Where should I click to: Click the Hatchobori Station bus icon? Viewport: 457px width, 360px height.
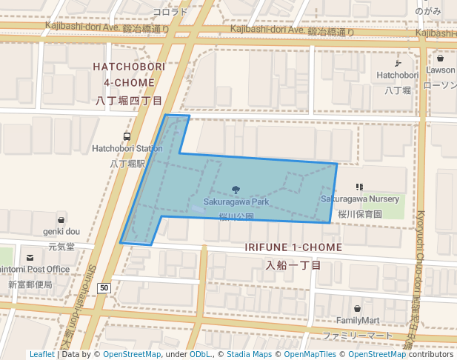[x=127, y=137]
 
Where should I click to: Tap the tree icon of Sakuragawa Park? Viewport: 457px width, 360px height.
[x=236, y=190]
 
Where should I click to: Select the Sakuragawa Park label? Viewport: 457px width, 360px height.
[x=236, y=201]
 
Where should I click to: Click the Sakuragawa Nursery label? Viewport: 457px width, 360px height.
[x=359, y=199]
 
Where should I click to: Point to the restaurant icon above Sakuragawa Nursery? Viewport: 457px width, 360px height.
[x=359, y=187]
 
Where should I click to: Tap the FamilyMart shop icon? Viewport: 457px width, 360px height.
[x=357, y=308]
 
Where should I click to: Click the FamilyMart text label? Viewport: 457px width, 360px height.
[x=357, y=320]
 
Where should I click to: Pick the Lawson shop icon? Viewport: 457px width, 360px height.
[x=441, y=59]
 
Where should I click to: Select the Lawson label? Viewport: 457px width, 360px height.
[x=441, y=70]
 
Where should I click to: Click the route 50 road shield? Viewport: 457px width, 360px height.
[x=104, y=287]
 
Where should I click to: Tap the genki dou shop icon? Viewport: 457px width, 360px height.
[x=62, y=219]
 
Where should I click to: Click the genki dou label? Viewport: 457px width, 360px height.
[x=62, y=231]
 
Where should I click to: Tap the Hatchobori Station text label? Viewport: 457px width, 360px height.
[x=127, y=148]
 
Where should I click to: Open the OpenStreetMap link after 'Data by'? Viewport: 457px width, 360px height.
[x=132, y=355]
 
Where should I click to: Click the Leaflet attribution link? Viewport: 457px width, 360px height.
[x=41, y=355]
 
